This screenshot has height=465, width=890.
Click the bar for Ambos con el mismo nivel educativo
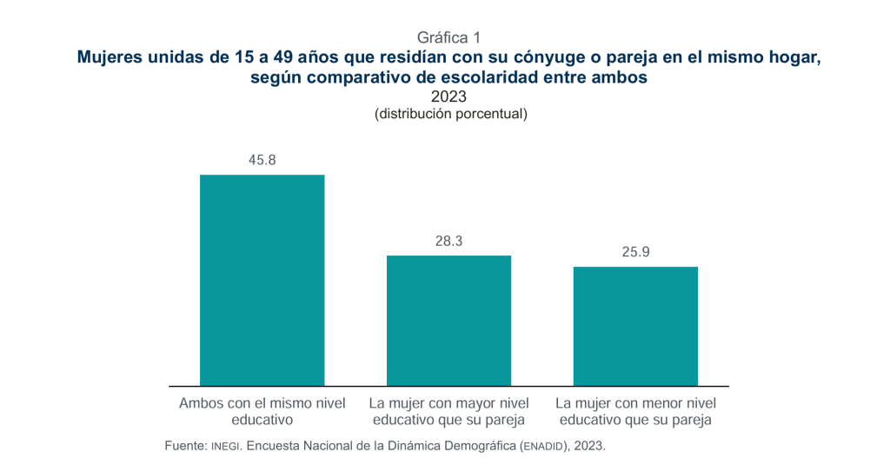point(262,280)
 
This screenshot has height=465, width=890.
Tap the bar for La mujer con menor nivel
point(635,326)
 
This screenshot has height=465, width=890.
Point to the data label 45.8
point(262,161)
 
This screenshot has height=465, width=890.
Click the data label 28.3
point(448,242)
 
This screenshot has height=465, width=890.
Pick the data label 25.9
point(635,253)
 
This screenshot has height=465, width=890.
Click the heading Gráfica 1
point(448,37)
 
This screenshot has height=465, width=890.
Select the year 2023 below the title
point(448,96)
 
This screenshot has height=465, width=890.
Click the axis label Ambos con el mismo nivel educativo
point(262,411)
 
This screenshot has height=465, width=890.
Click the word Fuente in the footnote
point(185,445)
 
